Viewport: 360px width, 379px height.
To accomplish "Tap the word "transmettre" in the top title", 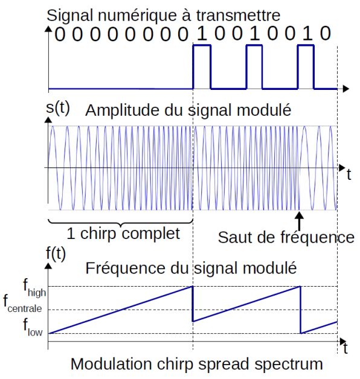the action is (238, 15).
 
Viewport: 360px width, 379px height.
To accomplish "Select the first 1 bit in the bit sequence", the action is (202, 33).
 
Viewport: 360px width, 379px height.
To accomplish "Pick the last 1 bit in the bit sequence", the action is (307, 33).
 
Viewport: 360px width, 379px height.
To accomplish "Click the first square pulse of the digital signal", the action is (202, 45).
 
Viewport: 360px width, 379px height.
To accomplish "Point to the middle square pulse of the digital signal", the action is (254, 45).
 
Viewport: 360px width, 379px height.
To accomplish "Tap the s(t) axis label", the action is (58, 108).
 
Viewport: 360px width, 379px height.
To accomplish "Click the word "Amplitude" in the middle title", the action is (122, 110).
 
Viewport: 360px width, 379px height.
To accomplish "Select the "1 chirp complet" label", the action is (123, 234).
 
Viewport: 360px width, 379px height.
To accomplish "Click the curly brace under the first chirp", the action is (120, 223).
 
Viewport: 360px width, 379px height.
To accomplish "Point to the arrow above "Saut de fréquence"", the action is (299, 221).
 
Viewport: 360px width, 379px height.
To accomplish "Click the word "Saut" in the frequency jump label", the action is (235, 237).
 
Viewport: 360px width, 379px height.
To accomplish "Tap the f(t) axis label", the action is (56, 254).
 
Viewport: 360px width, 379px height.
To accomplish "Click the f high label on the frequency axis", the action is (34, 287).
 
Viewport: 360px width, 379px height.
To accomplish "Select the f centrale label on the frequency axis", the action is (22, 304).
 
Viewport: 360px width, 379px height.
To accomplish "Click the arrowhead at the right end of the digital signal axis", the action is (346, 89).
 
